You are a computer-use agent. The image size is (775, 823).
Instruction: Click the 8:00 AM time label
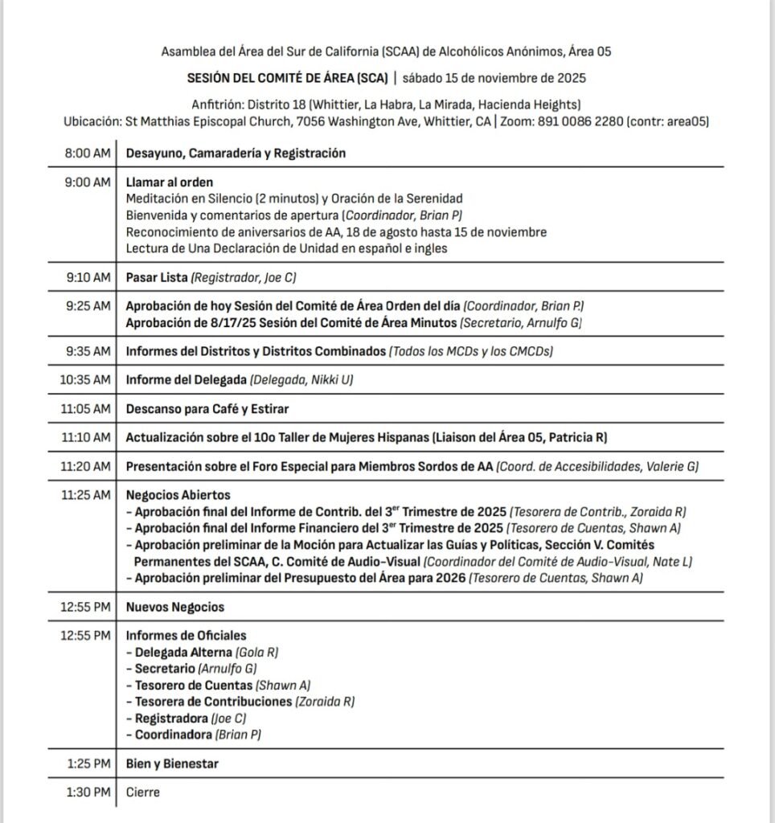pos(88,154)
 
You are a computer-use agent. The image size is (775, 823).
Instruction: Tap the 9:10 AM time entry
pos(88,277)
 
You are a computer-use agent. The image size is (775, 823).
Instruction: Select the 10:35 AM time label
pos(85,379)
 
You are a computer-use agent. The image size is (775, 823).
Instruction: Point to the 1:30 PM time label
pos(88,792)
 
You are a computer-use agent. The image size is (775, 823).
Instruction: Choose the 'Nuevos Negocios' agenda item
pos(175,607)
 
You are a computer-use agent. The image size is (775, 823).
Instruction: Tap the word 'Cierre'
pos(143,792)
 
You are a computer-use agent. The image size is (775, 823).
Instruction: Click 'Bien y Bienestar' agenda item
pos(172,764)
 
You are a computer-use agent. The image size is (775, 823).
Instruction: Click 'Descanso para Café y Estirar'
pos(207,408)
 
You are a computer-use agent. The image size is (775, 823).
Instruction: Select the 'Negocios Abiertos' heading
pos(178,495)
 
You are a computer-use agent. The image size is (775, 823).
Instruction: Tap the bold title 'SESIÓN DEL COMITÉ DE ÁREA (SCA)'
pos(277,78)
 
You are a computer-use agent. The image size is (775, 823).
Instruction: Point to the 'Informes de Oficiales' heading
pos(186,636)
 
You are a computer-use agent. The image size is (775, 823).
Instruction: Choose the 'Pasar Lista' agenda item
pos(157,277)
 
